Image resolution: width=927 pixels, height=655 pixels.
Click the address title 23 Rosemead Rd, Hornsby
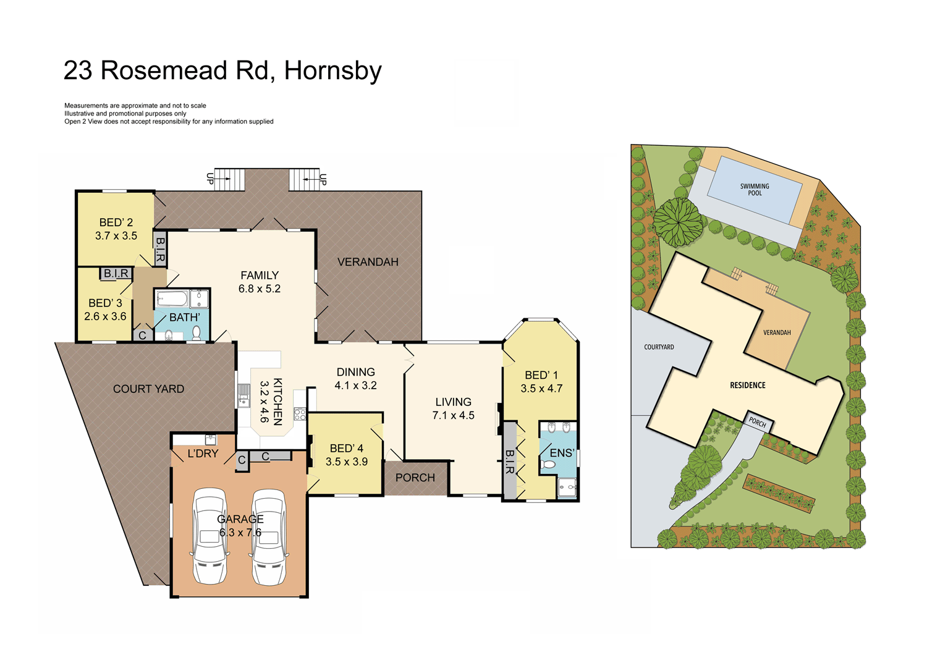pyautogui.click(x=222, y=70)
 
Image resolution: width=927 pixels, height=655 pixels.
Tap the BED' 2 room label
pyautogui.click(x=116, y=222)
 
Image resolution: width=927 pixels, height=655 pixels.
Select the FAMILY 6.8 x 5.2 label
pyautogui.click(x=260, y=282)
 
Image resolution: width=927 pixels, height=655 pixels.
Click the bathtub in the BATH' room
pyautogui.click(x=172, y=300)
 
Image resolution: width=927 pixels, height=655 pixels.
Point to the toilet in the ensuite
pyautogui.click(x=548, y=464)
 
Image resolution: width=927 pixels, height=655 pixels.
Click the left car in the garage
pyautogui.click(x=210, y=536)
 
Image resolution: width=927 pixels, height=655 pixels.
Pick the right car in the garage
pyautogui.click(x=269, y=536)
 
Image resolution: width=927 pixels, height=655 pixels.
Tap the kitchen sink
pyautogui.click(x=243, y=395)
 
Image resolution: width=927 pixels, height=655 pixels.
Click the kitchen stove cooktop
pyautogui.click(x=300, y=414)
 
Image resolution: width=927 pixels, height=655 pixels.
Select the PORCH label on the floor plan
pyautogui.click(x=415, y=478)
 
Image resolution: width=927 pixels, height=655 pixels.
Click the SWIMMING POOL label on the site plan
pyautogui.click(x=755, y=190)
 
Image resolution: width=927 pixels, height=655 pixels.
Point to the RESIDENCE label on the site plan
pyautogui.click(x=747, y=385)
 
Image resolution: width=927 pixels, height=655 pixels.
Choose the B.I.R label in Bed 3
pyautogui.click(x=116, y=273)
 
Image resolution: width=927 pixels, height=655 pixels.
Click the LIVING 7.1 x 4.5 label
pyautogui.click(x=453, y=408)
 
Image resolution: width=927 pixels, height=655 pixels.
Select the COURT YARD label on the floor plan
pyautogui.click(x=148, y=389)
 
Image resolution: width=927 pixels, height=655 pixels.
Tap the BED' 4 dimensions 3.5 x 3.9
pyautogui.click(x=347, y=462)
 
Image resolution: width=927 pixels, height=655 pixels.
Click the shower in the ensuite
pyautogui.click(x=567, y=487)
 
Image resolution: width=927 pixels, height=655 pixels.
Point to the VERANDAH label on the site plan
pyautogui.click(x=777, y=332)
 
